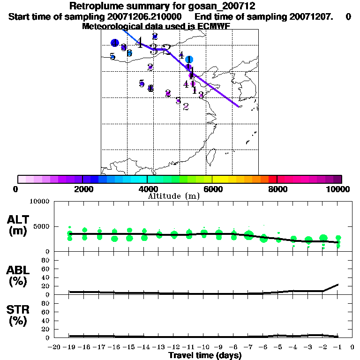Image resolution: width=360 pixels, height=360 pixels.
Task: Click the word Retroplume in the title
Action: tap(92, 7)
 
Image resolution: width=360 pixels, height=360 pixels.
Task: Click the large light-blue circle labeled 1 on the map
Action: tap(189, 60)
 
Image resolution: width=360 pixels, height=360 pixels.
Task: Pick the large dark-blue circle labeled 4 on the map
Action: tap(114, 43)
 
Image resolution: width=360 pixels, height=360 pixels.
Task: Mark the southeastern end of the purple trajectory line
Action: tap(238, 106)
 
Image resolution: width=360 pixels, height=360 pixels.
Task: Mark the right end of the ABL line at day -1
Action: tap(338, 284)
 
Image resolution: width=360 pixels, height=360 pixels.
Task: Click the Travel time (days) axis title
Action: tap(205, 355)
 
